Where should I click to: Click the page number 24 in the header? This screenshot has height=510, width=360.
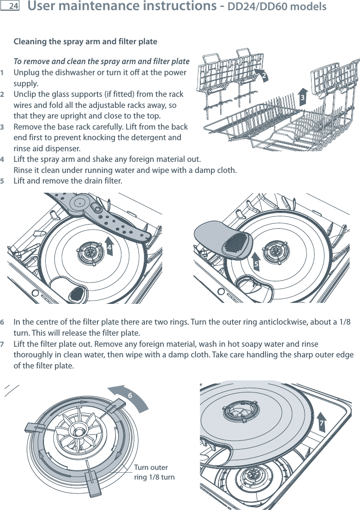click(x=13, y=6)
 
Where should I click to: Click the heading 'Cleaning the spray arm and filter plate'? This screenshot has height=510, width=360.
click(x=85, y=42)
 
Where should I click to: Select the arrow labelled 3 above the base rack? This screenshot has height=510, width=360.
click(x=303, y=97)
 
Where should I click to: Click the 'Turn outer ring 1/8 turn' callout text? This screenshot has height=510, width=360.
click(x=154, y=472)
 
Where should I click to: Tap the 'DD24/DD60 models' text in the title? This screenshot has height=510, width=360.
click(x=277, y=7)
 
